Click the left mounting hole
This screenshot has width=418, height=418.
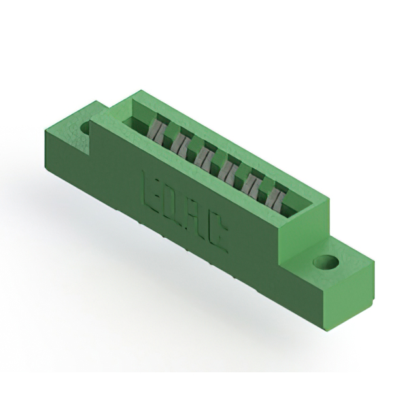[86, 127]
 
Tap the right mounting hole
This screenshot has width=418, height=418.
[326, 261]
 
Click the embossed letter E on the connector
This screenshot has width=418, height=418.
[150, 189]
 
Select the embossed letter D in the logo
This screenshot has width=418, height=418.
[170, 204]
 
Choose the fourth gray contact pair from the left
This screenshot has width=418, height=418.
[227, 170]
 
